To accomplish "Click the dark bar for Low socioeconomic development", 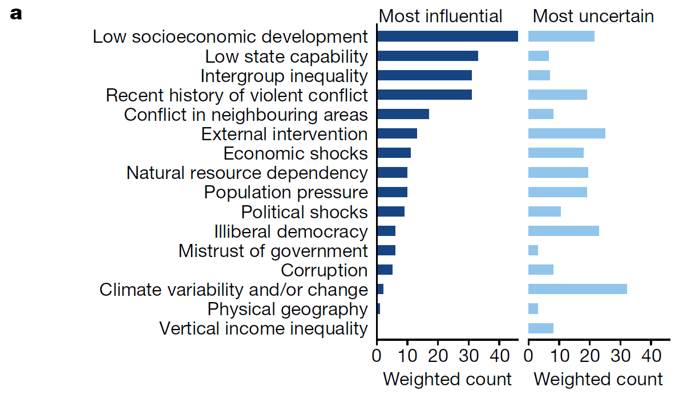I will coord(447,36).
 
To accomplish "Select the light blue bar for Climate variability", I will coord(577,289).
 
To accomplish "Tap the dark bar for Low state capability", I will coord(427,56).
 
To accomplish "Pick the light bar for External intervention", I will coord(567,134).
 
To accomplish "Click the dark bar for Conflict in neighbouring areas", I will coord(403,114).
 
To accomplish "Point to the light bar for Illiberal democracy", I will coord(564,231).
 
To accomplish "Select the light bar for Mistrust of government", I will coord(533,250).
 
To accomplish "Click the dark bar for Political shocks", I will coord(391,211).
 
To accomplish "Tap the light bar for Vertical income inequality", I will coord(541,328).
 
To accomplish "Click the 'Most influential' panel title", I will coord(440,16).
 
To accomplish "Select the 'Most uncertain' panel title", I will coord(593,16).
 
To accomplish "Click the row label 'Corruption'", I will coord(324,270).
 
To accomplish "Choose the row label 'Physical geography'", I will coord(288,309).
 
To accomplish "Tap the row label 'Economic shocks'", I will coord(296,153).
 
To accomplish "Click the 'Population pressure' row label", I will coord(286,192).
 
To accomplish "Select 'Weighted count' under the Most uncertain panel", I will coord(599,379).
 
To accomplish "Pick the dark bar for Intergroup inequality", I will coord(425,75).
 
